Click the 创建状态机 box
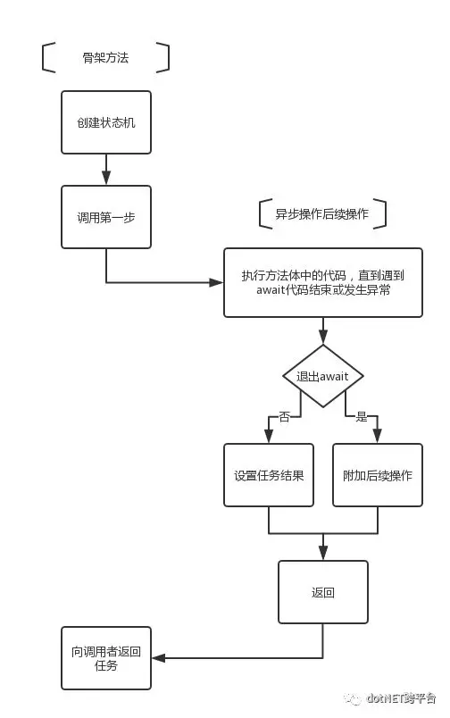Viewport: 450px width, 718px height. [x=106, y=122]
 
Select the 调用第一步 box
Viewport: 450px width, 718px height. [x=106, y=217]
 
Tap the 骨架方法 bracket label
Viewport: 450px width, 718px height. [x=105, y=58]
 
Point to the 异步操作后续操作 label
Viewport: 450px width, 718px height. [x=321, y=213]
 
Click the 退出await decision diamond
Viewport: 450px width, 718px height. [x=323, y=376]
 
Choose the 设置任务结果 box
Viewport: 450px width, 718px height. [x=269, y=475]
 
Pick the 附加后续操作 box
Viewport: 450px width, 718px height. [x=378, y=475]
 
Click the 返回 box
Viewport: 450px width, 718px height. [x=323, y=592]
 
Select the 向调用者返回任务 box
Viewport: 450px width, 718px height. [x=106, y=658]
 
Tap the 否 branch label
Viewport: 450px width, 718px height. [x=284, y=416]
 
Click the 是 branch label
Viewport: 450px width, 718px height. [x=362, y=416]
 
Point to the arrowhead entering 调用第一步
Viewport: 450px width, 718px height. [x=106, y=178]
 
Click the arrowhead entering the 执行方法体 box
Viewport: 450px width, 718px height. [x=216, y=282]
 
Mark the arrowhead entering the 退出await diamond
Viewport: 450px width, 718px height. [x=323, y=337]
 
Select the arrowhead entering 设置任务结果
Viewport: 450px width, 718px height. [x=269, y=437]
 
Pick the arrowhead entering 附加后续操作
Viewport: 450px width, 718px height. [x=377, y=437]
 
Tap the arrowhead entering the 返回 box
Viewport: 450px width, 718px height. [x=323, y=553]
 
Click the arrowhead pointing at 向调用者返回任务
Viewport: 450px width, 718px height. [x=159, y=658]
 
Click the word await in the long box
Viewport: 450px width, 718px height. [x=271, y=290]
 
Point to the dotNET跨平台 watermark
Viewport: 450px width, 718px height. [x=390, y=698]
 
